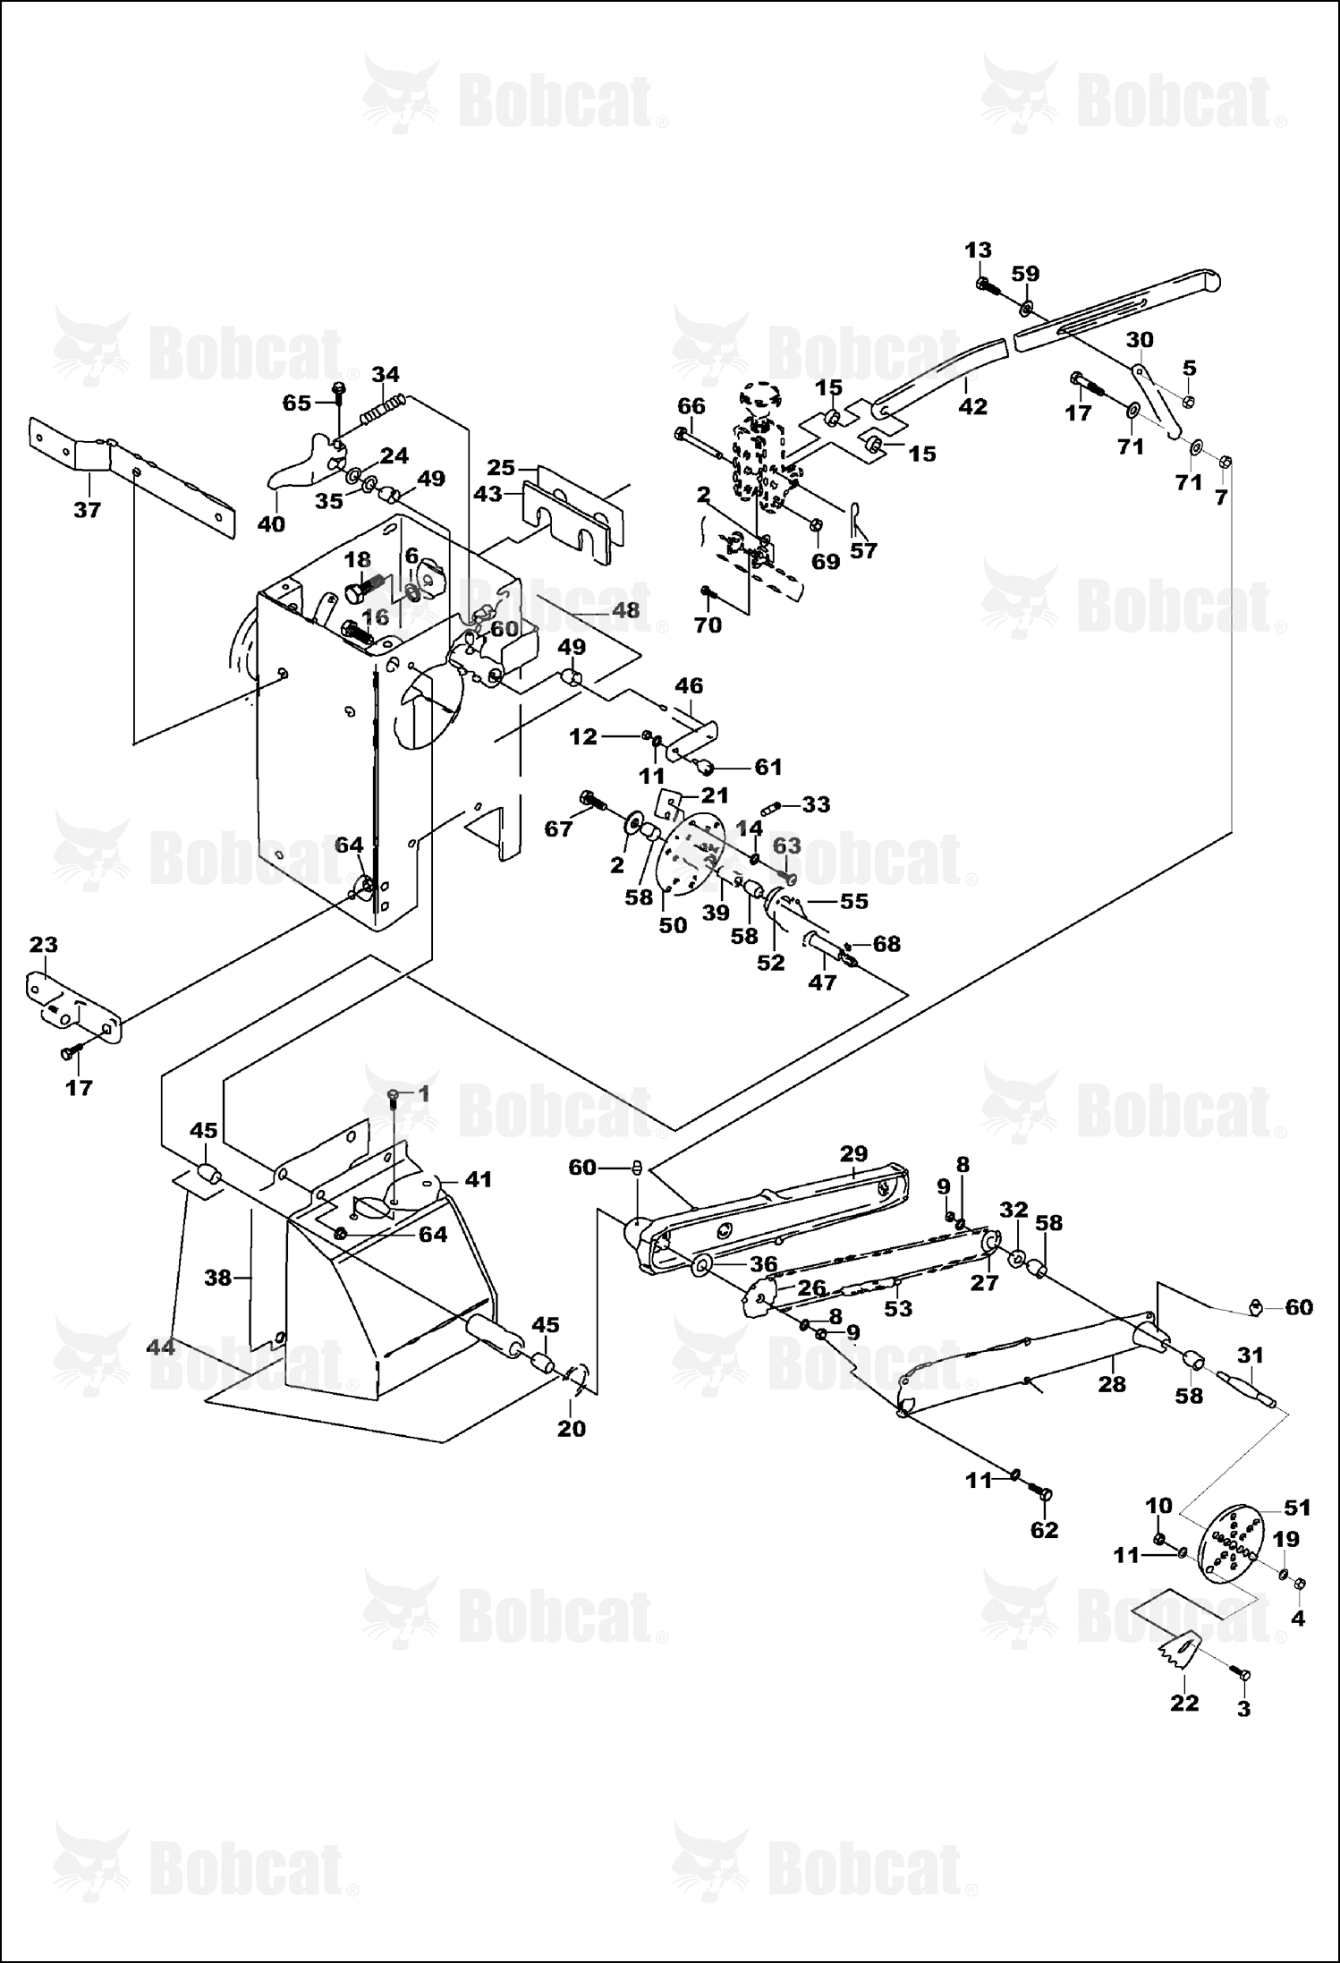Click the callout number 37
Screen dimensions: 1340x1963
point(88,510)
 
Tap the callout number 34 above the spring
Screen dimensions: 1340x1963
point(386,374)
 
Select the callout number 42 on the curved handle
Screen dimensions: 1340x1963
point(972,406)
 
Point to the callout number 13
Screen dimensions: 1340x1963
point(979,250)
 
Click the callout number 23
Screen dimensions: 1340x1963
point(44,944)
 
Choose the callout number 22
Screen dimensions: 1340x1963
point(1184,1703)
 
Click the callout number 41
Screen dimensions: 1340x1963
point(479,1179)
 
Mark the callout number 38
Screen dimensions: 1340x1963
point(218,1278)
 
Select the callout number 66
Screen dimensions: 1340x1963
point(691,405)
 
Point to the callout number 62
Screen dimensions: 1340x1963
point(1044,1529)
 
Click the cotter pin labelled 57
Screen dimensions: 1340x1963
point(853,515)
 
